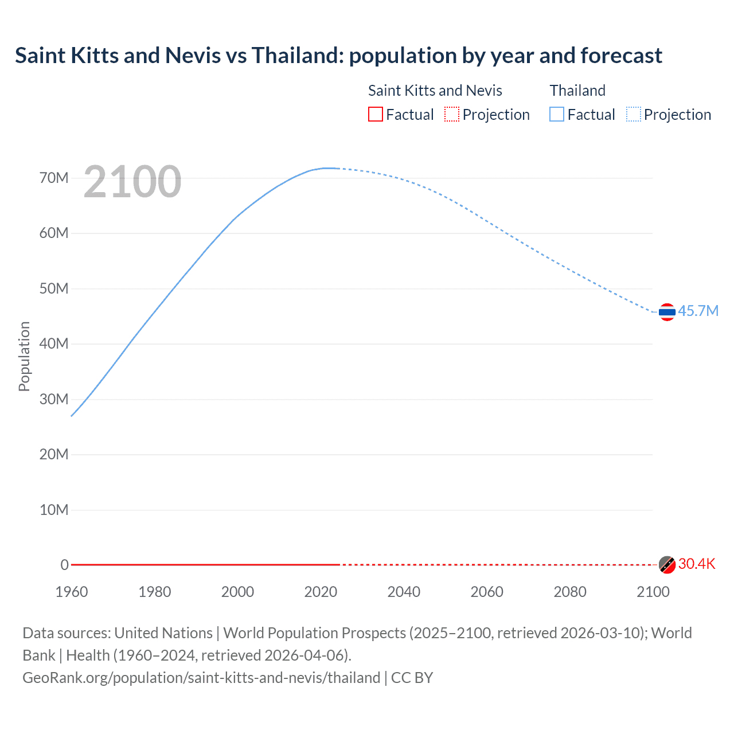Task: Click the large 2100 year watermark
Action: coord(132,182)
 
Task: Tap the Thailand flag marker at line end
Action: coord(667,312)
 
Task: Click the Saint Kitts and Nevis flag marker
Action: coord(667,565)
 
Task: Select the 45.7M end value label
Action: coord(698,311)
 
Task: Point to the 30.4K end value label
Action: coord(697,564)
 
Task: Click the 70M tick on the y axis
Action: coord(54,178)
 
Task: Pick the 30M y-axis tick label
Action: coord(54,399)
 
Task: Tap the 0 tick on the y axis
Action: coord(65,565)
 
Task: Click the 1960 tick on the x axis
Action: coord(72,592)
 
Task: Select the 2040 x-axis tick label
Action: coord(404,592)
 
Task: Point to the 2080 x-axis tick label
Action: coord(570,592)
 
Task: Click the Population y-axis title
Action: coord(24,356)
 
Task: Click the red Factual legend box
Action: coord(376,114)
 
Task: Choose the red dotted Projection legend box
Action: coord(452,114)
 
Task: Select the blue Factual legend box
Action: coord(557,114)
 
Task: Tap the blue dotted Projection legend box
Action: coord(634,114)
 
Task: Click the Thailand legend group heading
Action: coord(577,91)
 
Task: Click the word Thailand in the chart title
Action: coord(297,56)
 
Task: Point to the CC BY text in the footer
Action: coord(412,678)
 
